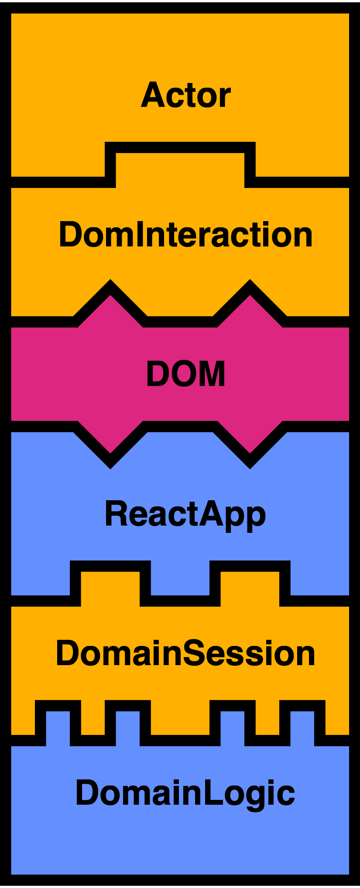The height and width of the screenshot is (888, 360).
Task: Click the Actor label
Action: pos(186,95)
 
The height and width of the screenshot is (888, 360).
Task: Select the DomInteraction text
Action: pos(186,235)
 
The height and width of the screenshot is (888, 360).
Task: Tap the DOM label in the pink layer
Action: pos(186,374)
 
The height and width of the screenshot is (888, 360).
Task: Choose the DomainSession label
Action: pos(185,653)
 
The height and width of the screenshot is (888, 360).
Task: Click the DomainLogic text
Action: pos(185,793)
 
